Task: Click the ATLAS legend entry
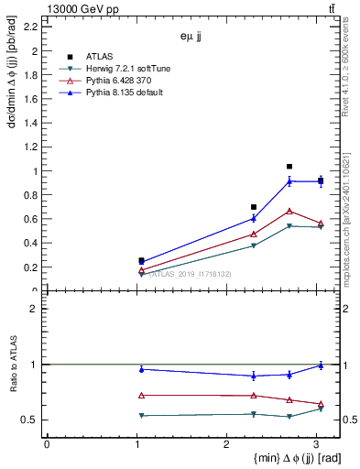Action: (x=99, y=57)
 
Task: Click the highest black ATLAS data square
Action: (x=289, y=167)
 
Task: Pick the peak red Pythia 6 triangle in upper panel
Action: (x=289, y=212)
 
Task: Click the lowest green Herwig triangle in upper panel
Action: (x=141, y=274)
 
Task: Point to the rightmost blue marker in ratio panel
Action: (x=321, y=365)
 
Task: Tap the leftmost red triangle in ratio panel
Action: (x=141, y=396)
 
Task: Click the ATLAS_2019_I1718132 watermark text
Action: (x=190, y=274)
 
